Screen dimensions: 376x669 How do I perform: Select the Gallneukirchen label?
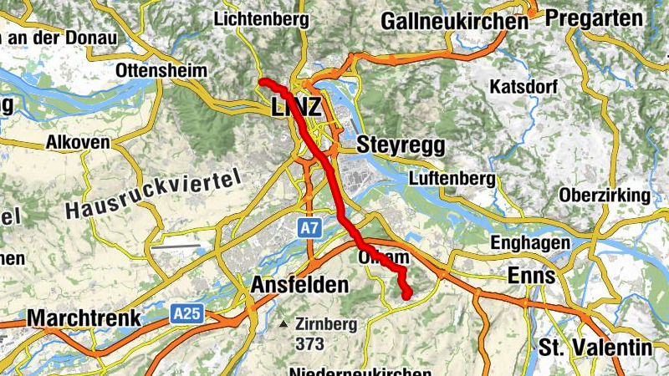coord(454,22)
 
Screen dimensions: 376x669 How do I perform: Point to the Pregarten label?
coord(595,18)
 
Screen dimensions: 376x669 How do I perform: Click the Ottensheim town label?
coord(162,71)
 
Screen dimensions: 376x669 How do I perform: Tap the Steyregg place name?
coord(401,145)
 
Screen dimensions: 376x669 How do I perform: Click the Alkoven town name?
coord(79,143)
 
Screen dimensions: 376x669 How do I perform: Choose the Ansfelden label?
coord(299,285)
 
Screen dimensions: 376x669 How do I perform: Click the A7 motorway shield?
coord(309,226)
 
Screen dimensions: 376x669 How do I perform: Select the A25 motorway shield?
coord(186,313)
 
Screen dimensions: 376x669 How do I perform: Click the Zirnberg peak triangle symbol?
coord(285,324)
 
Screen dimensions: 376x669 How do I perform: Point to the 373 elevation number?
coord(309,343)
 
